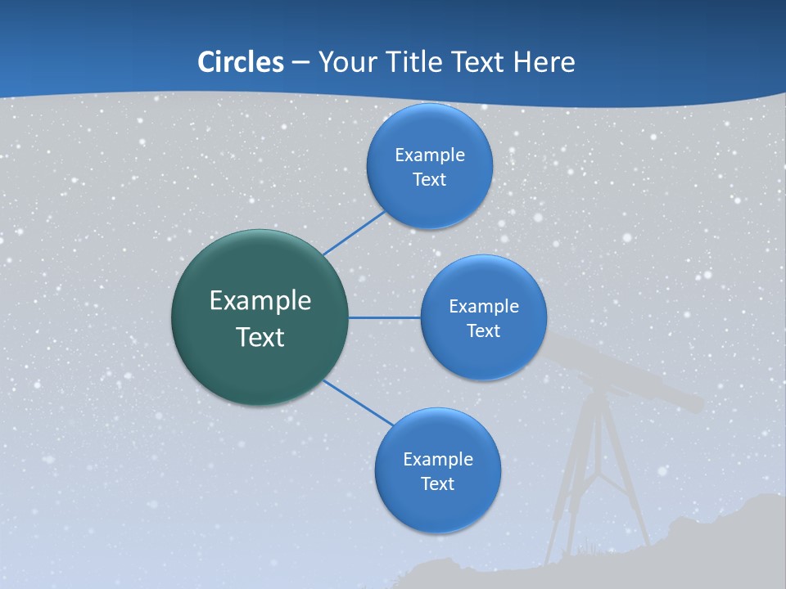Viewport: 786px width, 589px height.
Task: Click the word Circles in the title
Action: click(240, 62)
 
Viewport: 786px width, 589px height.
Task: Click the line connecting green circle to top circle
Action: click(354, 232)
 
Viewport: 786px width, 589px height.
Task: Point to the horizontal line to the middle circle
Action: click(385, 317)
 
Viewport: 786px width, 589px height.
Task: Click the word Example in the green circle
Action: click(260, 300)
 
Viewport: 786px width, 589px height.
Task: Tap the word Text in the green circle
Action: click(260, 337)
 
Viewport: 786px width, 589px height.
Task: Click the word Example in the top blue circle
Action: click(429, 155)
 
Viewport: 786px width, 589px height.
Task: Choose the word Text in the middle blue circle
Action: click(483, 330)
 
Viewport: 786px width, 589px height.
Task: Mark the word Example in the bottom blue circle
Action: click(437, 459)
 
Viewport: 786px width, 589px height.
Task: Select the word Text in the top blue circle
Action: click(429, 179)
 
